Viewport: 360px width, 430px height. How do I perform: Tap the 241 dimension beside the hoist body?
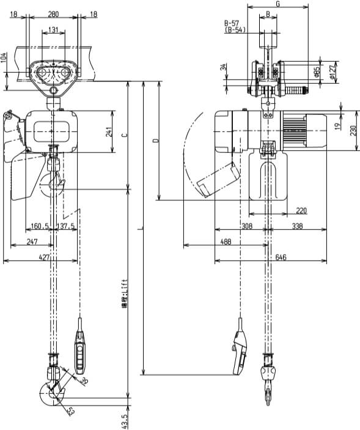109,132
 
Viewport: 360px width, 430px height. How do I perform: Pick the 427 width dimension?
43,258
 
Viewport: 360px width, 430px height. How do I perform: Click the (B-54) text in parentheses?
235,29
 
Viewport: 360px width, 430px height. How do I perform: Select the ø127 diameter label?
333,73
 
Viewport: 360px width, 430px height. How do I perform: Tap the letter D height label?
154,141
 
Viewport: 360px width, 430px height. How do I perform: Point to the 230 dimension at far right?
354,130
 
